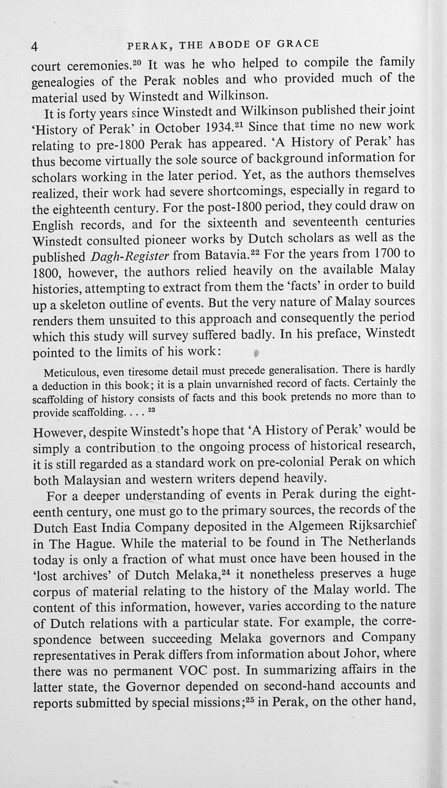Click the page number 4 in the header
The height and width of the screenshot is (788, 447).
point(35,47)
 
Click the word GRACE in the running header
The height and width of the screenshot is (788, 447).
point(298,43)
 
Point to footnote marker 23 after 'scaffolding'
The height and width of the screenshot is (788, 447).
point(151,410)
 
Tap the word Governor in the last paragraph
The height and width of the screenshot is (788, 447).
point(153,687)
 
